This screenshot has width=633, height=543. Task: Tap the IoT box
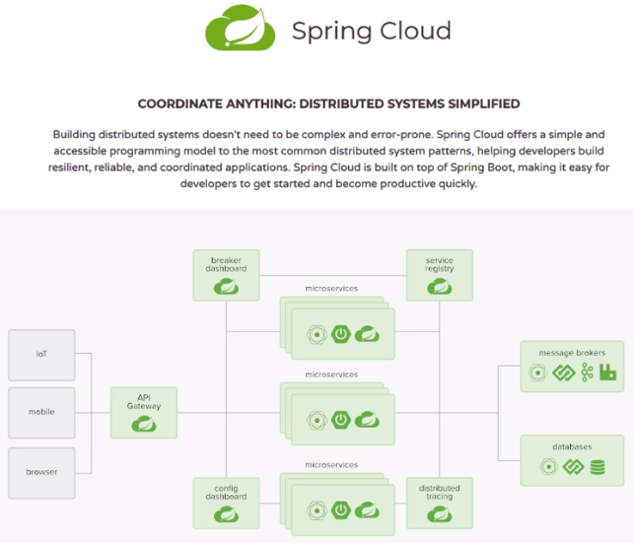(41, 355)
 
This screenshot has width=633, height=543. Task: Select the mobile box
(41, 413)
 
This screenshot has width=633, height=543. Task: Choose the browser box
(41, 472)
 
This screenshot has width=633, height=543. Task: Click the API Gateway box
(144, 413)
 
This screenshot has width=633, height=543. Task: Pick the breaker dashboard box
(227, 275)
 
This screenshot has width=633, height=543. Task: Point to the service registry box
(440, 275)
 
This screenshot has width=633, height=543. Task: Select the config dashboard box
(227, 503)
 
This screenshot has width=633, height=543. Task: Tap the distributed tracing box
(440, 503)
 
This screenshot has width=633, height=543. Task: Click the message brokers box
(572, 366)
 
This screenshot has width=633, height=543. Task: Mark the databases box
(572, 460)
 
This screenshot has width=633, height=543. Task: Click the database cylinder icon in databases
(598, 467)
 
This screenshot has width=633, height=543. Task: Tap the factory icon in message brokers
(607, 373)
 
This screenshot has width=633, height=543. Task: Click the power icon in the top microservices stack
(341, 333)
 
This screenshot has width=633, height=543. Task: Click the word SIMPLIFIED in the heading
(476, 103)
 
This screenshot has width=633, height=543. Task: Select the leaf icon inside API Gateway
(144, 424)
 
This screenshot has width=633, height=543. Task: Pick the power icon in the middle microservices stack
(341, 419)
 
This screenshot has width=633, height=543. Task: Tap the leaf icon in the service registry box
(440, 287)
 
